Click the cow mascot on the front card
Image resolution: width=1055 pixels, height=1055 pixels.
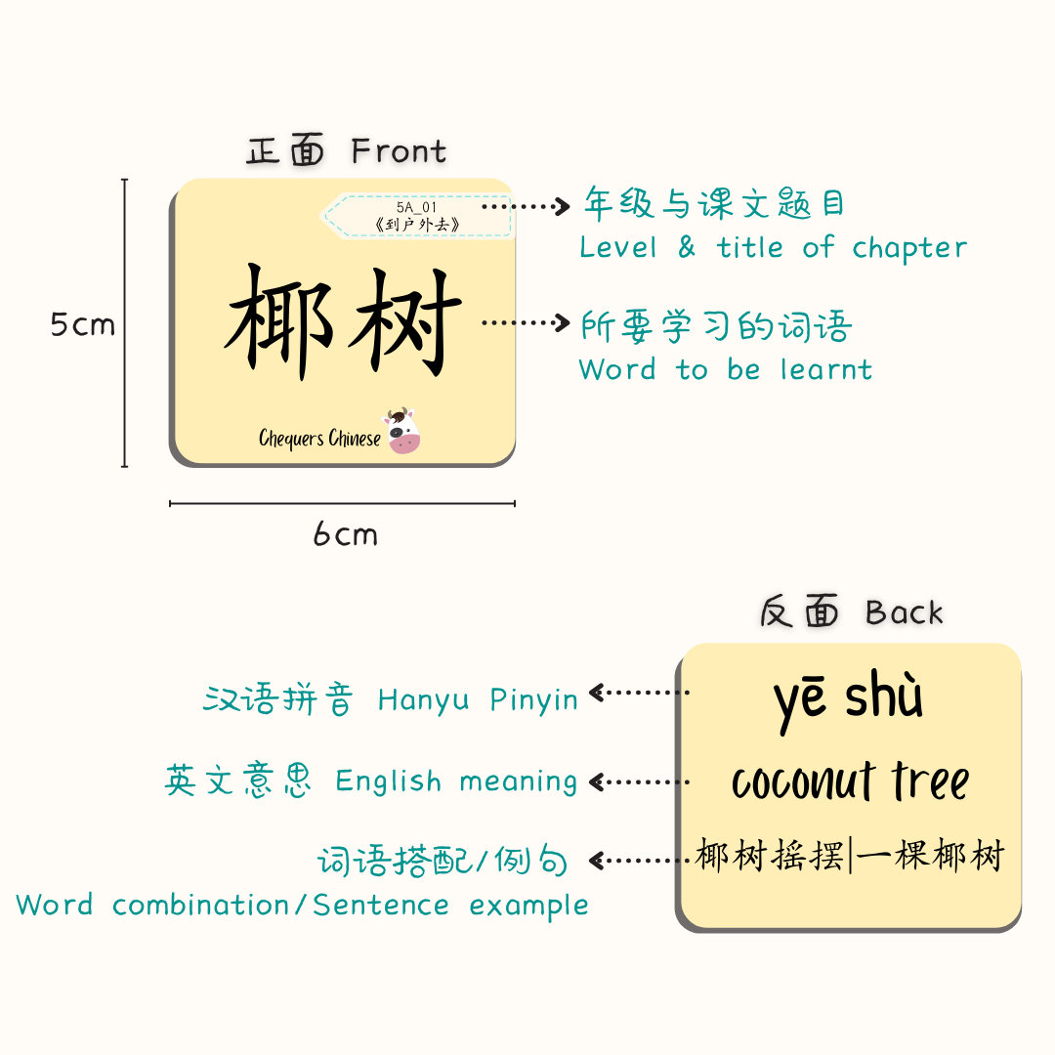point(401,431)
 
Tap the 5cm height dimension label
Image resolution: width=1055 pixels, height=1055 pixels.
point(82,324)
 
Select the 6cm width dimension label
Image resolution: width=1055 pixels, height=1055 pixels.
point(345,534)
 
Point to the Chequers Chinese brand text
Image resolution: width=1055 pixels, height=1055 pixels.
point(319,439)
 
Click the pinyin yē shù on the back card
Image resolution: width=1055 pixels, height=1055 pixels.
point(848,698)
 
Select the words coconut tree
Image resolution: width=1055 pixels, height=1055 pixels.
point(850,781)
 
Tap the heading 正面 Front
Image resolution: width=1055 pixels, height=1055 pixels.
point(347,151)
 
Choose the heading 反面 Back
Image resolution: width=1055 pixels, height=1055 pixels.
point(851,612)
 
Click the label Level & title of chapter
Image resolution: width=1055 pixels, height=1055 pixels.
point(773,248)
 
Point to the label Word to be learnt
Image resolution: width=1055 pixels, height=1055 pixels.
point(725,369)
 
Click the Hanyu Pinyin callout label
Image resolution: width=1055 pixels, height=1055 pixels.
point(391,699)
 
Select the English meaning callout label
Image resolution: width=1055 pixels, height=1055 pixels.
point(371,781)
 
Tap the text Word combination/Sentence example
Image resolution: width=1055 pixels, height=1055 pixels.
point(302,905)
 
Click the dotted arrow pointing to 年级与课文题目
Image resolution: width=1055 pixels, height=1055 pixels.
point(526,206)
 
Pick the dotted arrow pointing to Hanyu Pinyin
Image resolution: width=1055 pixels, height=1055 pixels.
point(639,693)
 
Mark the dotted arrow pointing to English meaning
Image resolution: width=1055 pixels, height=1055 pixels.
point(639,781)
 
